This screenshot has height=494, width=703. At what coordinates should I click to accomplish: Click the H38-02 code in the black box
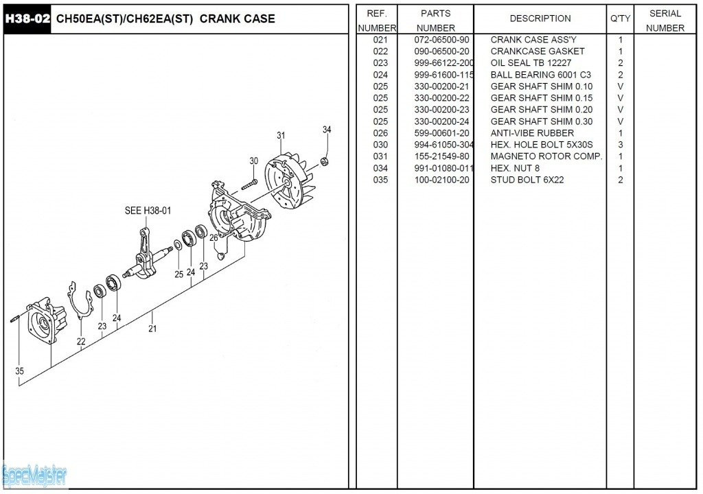coord(27,19)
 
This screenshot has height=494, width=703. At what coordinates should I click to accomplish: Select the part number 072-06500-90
coord(441,40)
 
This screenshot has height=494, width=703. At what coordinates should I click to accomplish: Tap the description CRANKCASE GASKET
coord(538,51)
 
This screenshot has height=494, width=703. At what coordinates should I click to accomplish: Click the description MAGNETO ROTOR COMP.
coord(546,156)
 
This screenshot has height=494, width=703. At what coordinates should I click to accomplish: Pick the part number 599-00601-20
coord(441,133)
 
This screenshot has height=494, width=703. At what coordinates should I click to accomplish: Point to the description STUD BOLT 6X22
coord(528,180)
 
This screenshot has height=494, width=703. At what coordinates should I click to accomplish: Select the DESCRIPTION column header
coord(540,19)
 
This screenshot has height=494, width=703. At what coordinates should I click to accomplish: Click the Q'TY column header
coord(620,19)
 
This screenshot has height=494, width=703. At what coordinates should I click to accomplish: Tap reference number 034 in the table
coord(380,168)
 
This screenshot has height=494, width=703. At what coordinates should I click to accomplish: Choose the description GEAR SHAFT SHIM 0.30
coord(542,121)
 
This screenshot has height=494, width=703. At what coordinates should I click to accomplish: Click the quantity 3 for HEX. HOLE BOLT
coord(621,145)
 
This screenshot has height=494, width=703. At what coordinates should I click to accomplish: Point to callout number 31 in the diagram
coord(281,136)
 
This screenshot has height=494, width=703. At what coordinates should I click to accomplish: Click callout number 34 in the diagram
coord(327,130)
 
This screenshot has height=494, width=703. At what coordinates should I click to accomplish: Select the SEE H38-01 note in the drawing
coord(148,211)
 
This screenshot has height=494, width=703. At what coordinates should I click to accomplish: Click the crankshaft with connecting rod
coord(148,257)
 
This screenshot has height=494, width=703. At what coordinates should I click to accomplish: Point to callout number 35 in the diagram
coord(20,371)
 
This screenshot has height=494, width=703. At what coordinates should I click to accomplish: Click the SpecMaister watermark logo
coord(34,474)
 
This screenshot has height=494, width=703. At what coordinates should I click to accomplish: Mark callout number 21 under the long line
coord(152,329)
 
